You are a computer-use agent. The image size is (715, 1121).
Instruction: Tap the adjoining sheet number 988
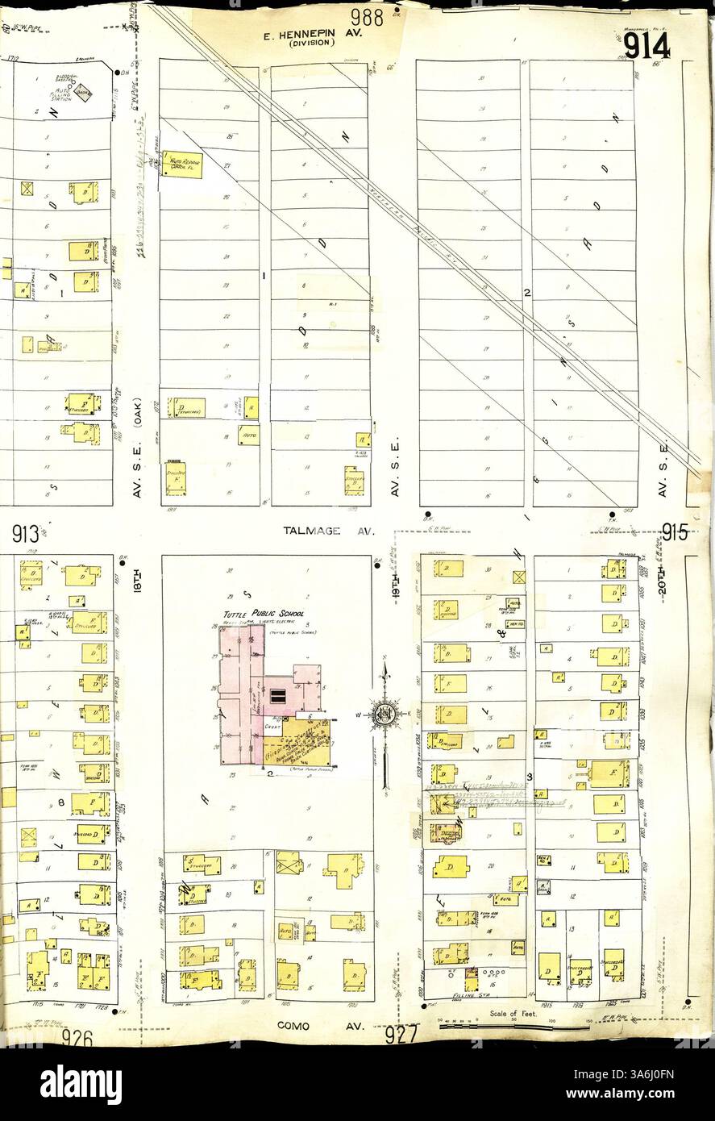point(367,15)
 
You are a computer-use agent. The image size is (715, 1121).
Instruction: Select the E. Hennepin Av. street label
point(314,35)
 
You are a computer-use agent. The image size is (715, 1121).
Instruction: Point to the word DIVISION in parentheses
point(312,45)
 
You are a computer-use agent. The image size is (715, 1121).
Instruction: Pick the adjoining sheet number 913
point(27,533)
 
